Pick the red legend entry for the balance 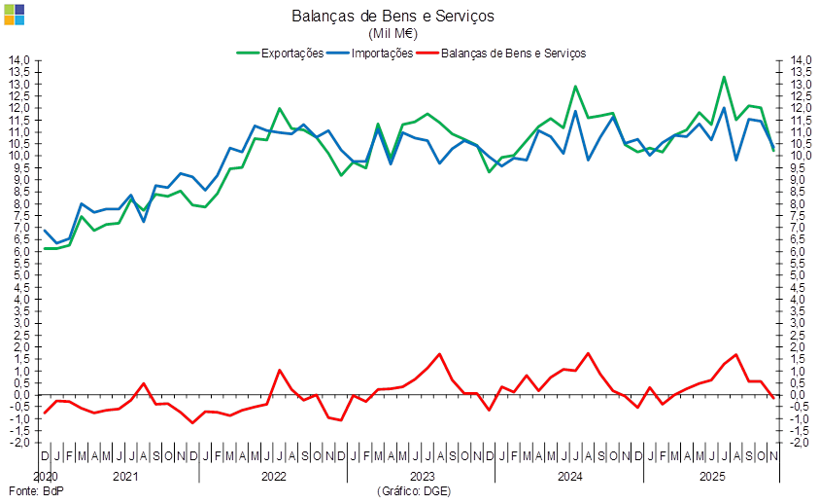click(x=512, y=53)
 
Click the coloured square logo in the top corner click(x=13, y=13)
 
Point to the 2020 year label click(x=47, y=477)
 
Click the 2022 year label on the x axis click(x=273, y=477)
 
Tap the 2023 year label click(x=422, y=477)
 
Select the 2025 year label click(x=714, y=477)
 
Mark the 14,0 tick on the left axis click(x=21, y=60)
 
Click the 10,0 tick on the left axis click(x=21, y=156)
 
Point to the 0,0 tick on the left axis click(x=21, y=395)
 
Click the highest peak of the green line click(x=724, y=77)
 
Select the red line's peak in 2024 click(x=588, y=353)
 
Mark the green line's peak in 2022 click(x=279, y=109)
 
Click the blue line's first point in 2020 click(x=45, y=231)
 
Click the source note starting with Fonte click(x=35, y=492)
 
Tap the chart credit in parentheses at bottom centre click(x=413, y=492)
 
